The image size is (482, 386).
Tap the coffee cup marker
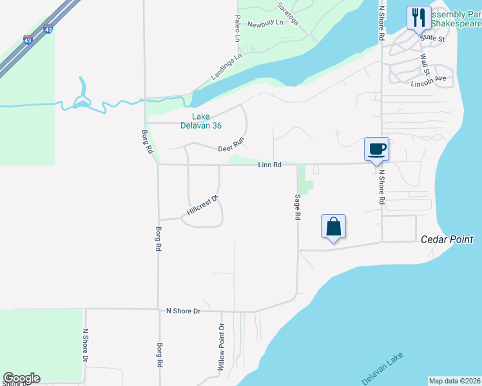tap(377, 149)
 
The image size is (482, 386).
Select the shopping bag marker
tap(333, 226)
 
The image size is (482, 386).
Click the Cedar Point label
tap(447, 239)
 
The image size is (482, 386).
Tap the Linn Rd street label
tap(269, 165)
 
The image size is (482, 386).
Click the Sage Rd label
tap(298, 208)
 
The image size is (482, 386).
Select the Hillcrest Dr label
tap(203, 204)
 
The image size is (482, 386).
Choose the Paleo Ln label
tap(237, 29)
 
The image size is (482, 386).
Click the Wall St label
tap(425, 64)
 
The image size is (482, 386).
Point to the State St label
tap(432, 39)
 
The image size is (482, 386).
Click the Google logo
tap(21, 378)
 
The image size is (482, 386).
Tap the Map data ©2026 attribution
tap(454, 381)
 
